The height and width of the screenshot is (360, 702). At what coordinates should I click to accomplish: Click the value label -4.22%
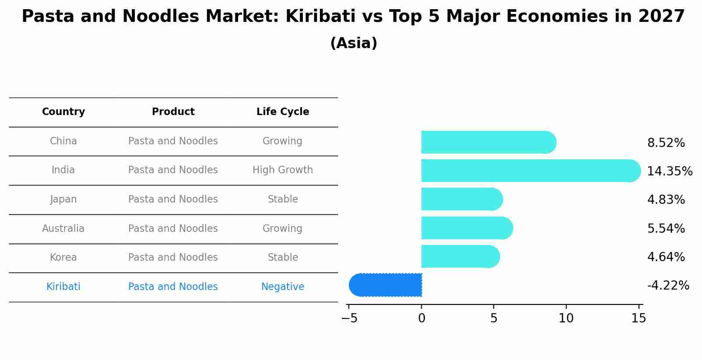[668, 286]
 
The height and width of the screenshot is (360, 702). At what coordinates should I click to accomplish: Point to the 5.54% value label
[666, 228]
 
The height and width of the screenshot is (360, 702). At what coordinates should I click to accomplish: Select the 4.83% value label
[666, 200]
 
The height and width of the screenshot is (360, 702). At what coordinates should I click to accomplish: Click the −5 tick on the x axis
[349, 318]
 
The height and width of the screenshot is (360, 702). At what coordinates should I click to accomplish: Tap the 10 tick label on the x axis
[566, 318]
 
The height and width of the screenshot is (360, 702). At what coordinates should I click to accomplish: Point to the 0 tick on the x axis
[421, 318]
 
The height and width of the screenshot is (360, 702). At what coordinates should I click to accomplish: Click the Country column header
[63, 112]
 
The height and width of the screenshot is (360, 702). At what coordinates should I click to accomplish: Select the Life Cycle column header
[283, 112]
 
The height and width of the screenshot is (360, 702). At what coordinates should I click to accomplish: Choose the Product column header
[173, 112]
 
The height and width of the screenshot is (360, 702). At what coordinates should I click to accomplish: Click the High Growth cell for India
[283, 170]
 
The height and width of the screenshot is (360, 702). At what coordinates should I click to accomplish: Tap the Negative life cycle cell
[283, 287]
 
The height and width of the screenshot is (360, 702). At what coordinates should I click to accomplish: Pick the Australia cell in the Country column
[63, 228]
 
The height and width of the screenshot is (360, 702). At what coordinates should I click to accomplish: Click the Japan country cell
[63, 199]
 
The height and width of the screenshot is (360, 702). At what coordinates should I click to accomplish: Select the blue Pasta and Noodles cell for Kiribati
[173, 287]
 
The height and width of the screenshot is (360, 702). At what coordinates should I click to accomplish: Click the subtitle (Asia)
[354, 43]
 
